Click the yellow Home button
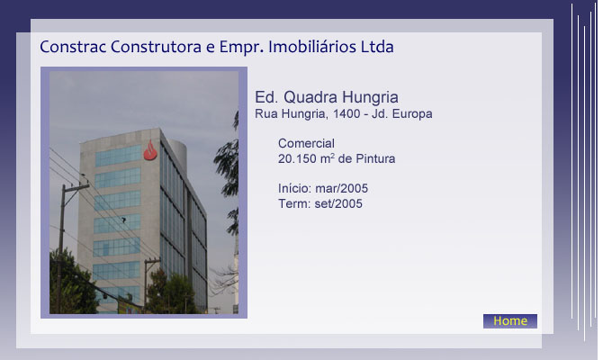click(x=510, y=321)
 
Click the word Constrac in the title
click(x=73, y=47)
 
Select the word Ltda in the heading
click(x=377, y=47)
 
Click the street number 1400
click(x=346, y=113)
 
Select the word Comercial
click(x=306, y=143)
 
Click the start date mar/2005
click(x=341, y=188)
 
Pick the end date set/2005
click(x=338, y=203)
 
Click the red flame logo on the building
click(x=150, y=150)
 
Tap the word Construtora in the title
click(x=156, y=47)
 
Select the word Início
click(x=294, y=188)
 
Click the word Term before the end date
click(x=294, y=203)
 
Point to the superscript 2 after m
click(x=333, y=156)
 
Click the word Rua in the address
click(x=266, y=113)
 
